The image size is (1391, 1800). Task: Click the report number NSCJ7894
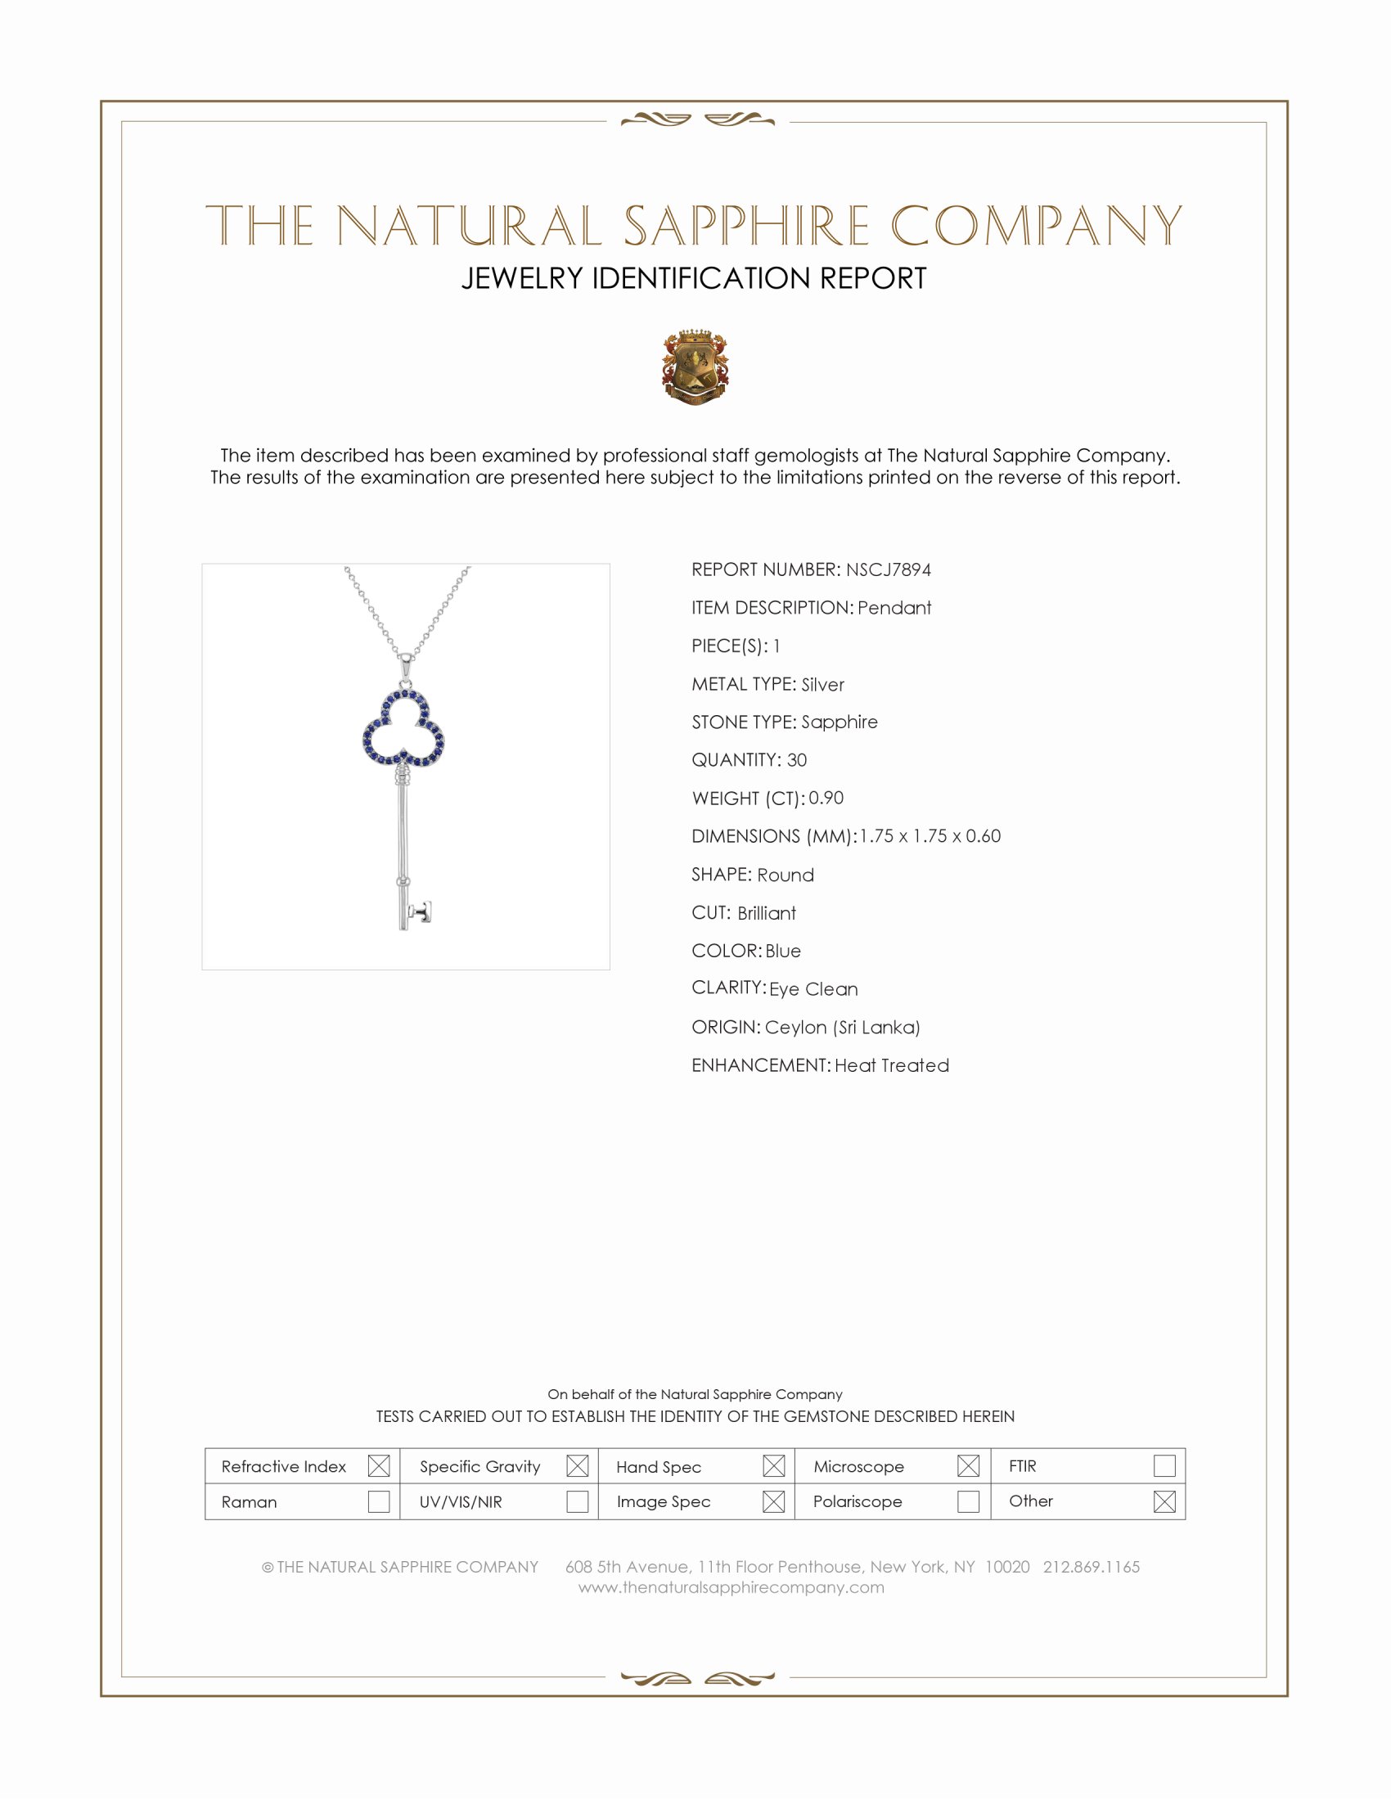[x=888, y=569]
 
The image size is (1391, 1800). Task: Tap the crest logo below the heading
[x=695, y=367]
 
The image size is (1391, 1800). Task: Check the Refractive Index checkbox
[x=378, y=1465]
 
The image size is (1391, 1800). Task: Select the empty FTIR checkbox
[x=1164, y=1465]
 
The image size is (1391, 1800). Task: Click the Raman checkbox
[x=378, y=1501]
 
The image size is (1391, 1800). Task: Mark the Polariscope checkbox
[x=968, y=1501]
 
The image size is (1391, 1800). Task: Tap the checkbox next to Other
[x=1164, y=1501]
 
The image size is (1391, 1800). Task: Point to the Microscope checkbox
[x=968, y=1465]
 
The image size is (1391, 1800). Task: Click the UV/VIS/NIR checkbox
[x=577, y=1501]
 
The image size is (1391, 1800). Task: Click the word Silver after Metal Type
[x=822, y=684]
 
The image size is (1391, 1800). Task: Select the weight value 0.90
[x=826, y=798]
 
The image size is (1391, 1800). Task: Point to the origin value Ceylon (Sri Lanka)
[x=841, y=1027]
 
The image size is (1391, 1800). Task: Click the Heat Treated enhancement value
[x=892, y=1064]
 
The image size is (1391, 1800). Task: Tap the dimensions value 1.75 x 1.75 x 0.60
[x=930, y=835]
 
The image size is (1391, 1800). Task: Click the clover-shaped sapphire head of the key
[x=403, y=730]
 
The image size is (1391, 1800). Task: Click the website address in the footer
[x=731, y=1587]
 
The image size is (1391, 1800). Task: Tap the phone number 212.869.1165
[x=1091, y=1567]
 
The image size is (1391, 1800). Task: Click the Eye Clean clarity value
[x=813, y=989]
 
